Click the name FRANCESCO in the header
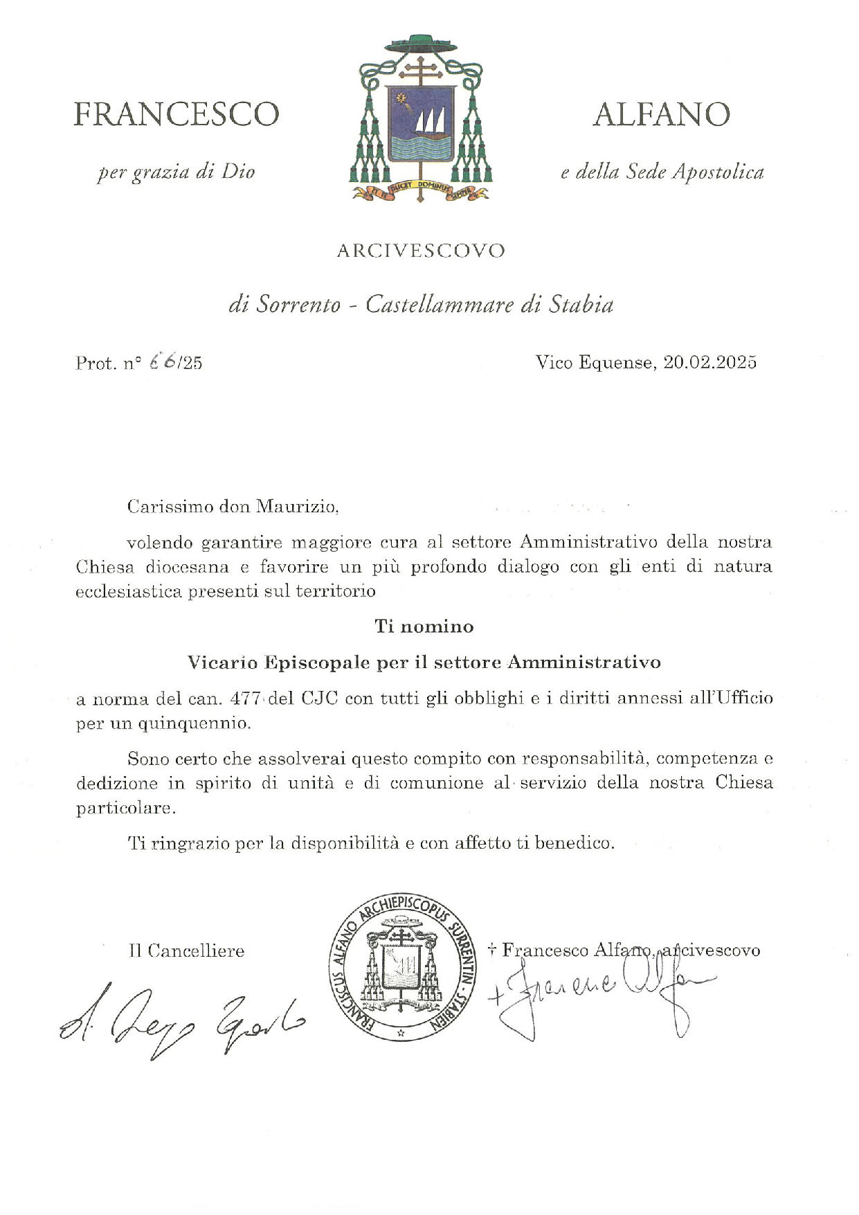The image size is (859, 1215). coord(177,114)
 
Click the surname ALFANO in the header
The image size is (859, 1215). coord(661,114)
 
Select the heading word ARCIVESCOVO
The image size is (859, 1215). coord(421,251)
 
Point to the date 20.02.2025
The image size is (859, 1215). coord(710,362)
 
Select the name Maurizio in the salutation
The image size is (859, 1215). coord(297,507)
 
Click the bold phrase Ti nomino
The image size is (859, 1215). coord(424,627)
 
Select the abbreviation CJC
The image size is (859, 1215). coord(319,699)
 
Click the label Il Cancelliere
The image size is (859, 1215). coord(186,951)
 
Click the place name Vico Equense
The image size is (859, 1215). coord(594,362)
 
